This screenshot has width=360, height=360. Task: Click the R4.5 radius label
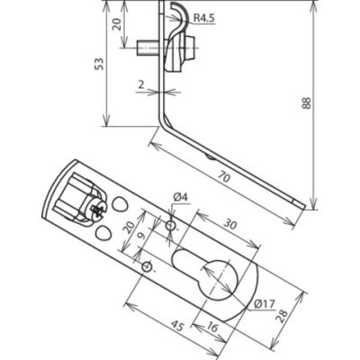[204, 18]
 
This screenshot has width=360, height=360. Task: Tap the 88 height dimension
[306, 103]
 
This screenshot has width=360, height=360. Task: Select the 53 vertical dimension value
[100, 64]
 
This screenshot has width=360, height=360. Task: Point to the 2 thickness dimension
[140, 85]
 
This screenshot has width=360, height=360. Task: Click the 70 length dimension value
[224, 177]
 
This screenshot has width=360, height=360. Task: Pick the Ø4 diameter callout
[180, 197]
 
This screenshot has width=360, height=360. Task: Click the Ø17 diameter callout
[265, 304]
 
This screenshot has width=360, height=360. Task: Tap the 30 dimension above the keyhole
[229, 224]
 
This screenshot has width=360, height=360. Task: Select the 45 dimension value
[177, 326]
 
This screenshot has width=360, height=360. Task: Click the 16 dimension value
[212, 328]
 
